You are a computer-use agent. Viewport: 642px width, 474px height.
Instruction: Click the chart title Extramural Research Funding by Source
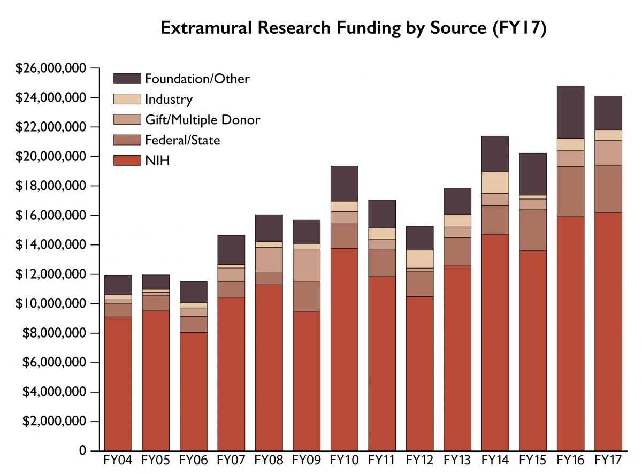click(353, 28)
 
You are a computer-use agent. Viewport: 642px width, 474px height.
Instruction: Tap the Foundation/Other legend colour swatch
click(127, 79)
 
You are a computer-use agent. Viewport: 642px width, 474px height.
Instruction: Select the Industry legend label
click(169, 100)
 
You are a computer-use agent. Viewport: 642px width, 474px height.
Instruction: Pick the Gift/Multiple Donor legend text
click(202, 120)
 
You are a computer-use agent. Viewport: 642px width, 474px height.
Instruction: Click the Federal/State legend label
click(182, 140)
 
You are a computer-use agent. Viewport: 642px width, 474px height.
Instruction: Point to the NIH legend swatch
click(127, 160)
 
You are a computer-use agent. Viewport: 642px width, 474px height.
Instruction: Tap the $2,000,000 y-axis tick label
click(52, 422)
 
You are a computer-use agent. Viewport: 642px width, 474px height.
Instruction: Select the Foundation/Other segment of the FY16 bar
click(570, 112)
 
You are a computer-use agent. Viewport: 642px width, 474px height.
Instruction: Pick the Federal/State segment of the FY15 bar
click(533, 230)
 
